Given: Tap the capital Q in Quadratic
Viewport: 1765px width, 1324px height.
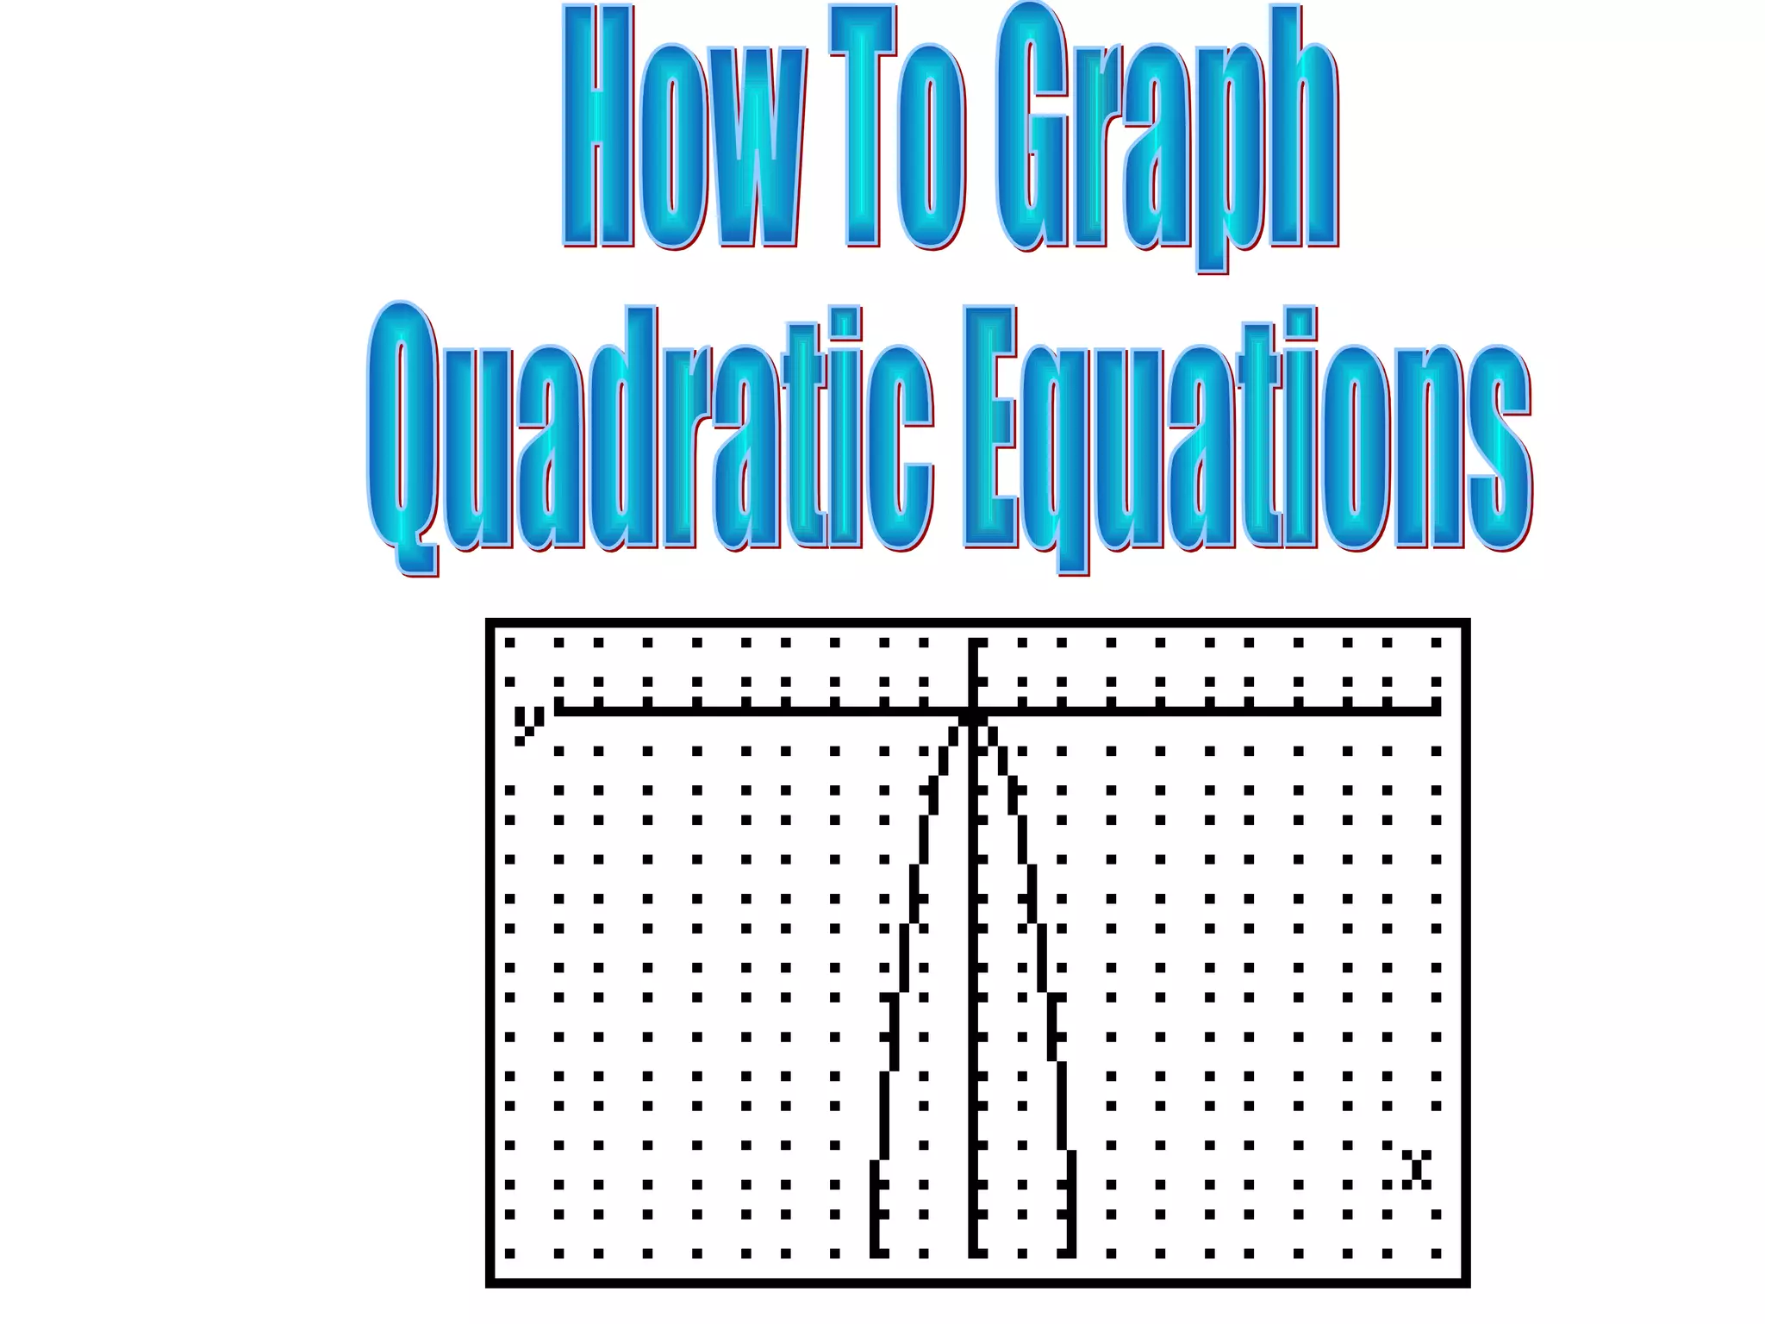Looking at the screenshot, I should point(402,431).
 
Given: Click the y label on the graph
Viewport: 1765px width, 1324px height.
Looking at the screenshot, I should point(528,723).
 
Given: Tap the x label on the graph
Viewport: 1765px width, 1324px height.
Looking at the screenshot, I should point(1416,1169).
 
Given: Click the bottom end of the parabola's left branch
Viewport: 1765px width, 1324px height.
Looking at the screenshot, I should point(878,1252).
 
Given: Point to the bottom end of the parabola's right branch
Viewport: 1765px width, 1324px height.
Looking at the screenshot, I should point(1069,1252).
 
